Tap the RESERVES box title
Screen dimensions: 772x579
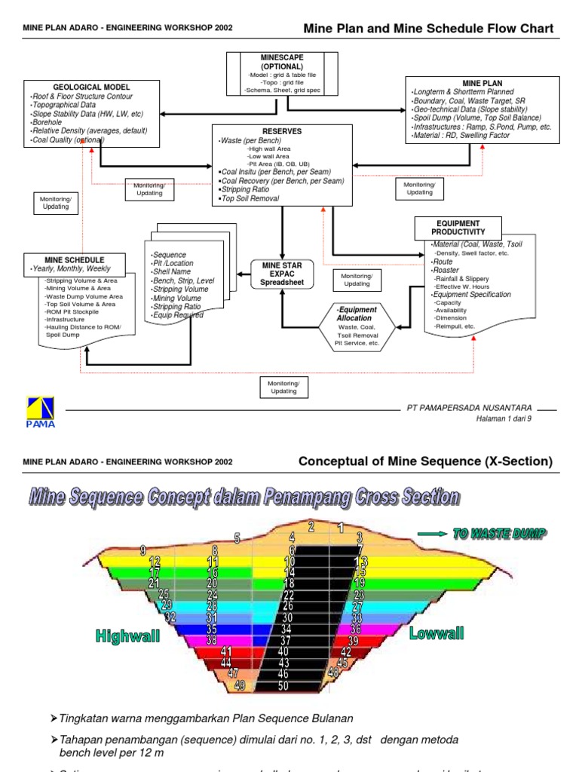[282, 131]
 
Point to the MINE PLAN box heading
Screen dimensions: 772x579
[482, 83]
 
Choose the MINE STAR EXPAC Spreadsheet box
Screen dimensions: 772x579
[281, 274]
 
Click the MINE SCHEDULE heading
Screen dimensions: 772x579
[75, 260]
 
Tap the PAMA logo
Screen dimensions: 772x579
[40, 412]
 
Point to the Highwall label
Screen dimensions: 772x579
[128, 636]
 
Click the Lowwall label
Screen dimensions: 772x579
[436, 634]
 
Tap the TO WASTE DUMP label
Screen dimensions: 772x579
[498, 533]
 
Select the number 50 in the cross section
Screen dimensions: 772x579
[283, 685]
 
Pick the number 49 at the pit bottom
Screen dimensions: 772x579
[240, 685]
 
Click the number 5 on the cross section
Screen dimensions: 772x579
[237, 538]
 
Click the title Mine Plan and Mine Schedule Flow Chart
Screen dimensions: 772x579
[427, 29]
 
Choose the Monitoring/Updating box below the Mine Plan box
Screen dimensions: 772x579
[419, 188]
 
